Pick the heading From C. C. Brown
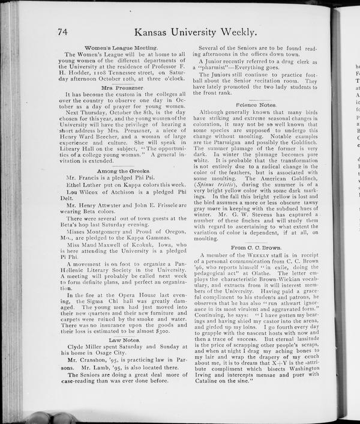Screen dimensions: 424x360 click(256, 247)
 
